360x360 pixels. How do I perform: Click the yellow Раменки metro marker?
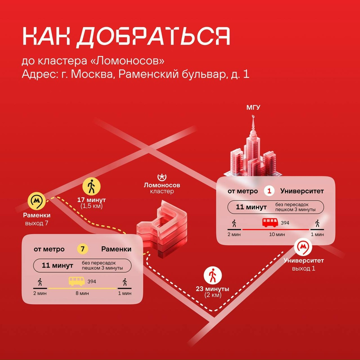tap(37, 201)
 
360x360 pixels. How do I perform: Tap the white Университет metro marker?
tap(303, 247)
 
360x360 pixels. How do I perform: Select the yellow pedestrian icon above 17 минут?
tap(91, 186)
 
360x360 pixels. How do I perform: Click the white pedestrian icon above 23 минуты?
tap(213, 275)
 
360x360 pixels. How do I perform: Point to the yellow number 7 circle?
tap(83, 249)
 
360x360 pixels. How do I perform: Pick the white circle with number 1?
tap(269, 191)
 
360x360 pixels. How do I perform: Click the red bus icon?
tap(270, 222)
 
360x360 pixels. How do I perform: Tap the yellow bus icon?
tap(77, 281)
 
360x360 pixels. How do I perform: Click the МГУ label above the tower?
tap(253, 107)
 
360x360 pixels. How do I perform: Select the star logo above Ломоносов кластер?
tap(162, 177)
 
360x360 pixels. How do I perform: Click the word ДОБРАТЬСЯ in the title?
tap(153, 37)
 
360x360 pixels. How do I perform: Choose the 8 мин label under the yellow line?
tap(82, 293)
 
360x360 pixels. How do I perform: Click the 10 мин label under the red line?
tap(277, 234)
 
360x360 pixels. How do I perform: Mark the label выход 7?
tap(37, 223)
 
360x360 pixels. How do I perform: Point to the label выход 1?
tap(304, 268)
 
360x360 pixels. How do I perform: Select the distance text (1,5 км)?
tap(91, 206)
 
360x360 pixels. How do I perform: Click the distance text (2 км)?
tap(213, 295)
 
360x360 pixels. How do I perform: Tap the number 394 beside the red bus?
tap(285, 223)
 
